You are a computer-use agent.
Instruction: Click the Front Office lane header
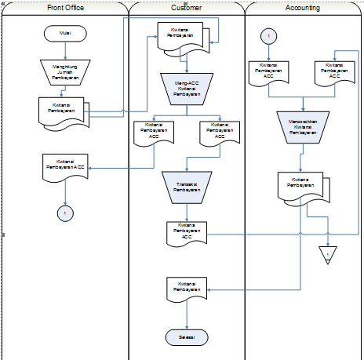tap(65, 8)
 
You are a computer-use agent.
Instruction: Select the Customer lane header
tap(186, 8)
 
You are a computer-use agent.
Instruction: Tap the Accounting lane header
tap(303, 8)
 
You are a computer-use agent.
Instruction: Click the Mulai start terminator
tap(66, 34)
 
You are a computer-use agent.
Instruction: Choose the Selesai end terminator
tap(186, 336)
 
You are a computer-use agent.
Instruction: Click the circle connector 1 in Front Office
tap(66, 213)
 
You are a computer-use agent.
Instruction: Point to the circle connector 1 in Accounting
tap(269, 36)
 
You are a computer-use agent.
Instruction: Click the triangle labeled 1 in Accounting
tap(328, 253)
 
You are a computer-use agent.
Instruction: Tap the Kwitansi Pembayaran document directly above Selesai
tap(186, 288)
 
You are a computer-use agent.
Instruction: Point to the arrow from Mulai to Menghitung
tap(66, 50)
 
